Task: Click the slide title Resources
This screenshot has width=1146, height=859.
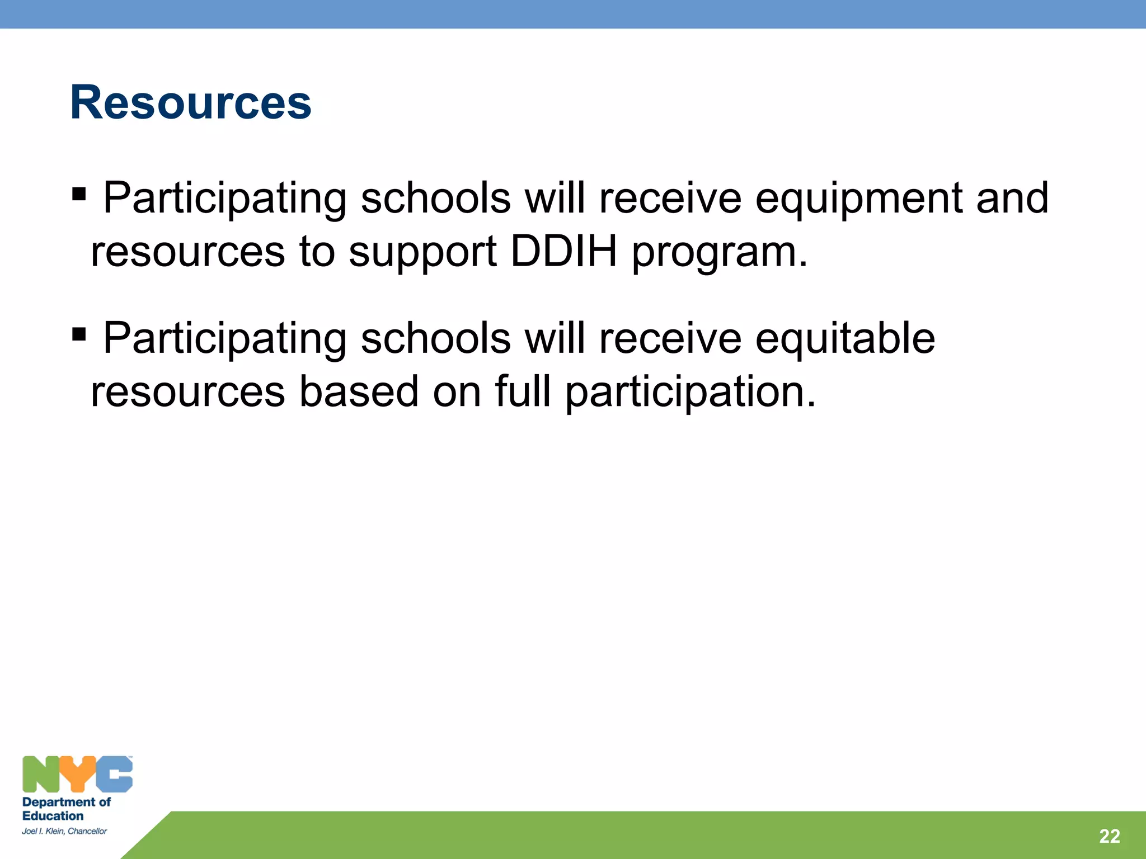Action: point(190,102)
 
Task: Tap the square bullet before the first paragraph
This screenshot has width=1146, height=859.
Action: point(79,195)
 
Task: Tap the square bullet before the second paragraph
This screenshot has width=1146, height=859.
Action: point(79,335)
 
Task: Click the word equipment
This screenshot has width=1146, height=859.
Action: point(859,199)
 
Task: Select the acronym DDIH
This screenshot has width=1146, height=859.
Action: point(564,251)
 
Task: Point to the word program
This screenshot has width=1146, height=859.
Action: point(719,253)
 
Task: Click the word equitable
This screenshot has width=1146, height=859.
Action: point(845,339)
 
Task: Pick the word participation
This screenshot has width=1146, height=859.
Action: point(690,393)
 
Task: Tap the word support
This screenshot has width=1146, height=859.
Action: point(422,253)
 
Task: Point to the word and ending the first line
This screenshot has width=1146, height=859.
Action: point(1012,198)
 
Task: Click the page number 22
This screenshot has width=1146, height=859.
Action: point(1109,836)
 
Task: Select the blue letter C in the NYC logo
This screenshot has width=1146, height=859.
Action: point(114,774)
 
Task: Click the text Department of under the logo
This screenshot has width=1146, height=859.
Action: point(66,802)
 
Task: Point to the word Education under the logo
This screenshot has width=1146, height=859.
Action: point(53,816)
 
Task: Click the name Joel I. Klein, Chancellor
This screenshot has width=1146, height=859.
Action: point(64,831)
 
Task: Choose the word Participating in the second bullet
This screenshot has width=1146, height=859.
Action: point(225,339)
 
